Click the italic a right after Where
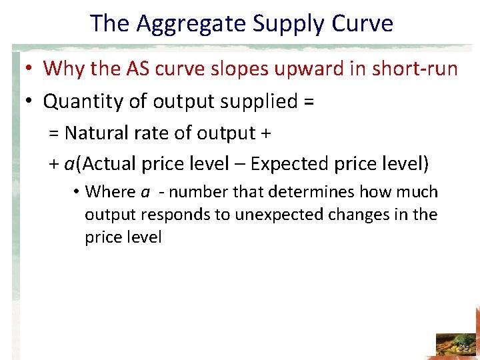(145, 193)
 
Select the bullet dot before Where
(77, 193)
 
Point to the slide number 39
(464, 347)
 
